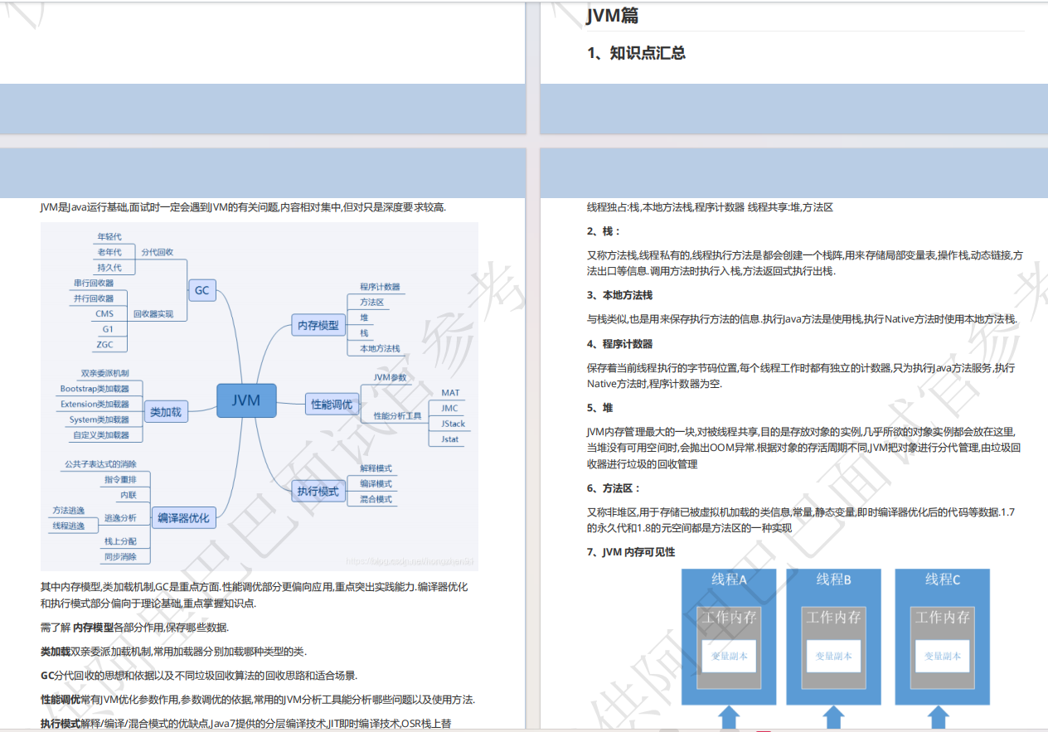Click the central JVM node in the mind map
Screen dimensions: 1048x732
click(246, 400)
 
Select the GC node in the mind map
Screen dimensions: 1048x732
click(201, 290)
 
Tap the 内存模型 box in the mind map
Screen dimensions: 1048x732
click(318, 326)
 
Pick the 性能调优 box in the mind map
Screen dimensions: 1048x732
click(331, 405)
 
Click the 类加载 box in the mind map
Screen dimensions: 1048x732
click(166, 411)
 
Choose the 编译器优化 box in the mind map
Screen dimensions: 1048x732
click(184, 518)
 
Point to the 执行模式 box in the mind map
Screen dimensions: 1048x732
click(318, 491)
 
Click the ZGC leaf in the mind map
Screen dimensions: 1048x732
click(104, 344)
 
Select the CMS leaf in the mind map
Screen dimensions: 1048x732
click(104, 313)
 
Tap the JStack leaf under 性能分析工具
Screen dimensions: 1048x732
click(453, 424)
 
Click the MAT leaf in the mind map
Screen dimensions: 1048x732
click(450, 392)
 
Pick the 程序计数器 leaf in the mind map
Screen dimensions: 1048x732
click(380, 286)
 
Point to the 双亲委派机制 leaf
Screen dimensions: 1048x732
click(104, 373)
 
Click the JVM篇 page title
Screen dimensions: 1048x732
click(612, 15)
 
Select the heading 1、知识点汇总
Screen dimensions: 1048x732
click(636, 53)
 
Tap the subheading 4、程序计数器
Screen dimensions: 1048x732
click(619, 344)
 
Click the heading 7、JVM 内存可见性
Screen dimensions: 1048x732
click(630, 552)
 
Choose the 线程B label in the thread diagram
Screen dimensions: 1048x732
click(833, 579)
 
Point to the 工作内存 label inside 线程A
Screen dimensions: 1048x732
click(729, 618)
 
